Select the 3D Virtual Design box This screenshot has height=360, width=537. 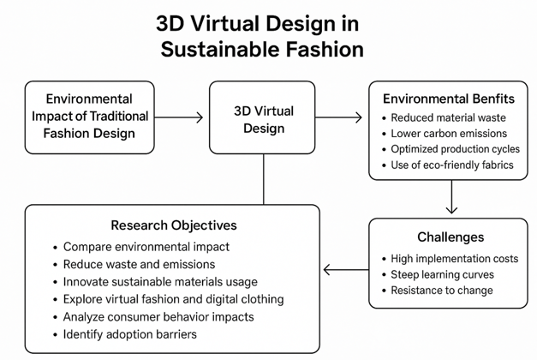coord(263,119)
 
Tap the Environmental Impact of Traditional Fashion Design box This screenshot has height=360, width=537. coord(90,117)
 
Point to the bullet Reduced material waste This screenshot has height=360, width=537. coord(448,117)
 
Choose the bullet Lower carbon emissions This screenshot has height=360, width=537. coord(449,133)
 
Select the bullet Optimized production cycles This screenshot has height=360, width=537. coord(455,148)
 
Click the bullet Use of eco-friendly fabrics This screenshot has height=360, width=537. coord(452,164)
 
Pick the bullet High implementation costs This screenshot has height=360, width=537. coord(454,258)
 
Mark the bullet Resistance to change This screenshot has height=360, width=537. coord(441,290)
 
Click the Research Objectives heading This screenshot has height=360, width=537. coord(174,225)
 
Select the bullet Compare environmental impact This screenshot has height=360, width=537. coord(146,247)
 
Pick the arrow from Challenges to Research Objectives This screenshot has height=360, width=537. coord(346,272)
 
